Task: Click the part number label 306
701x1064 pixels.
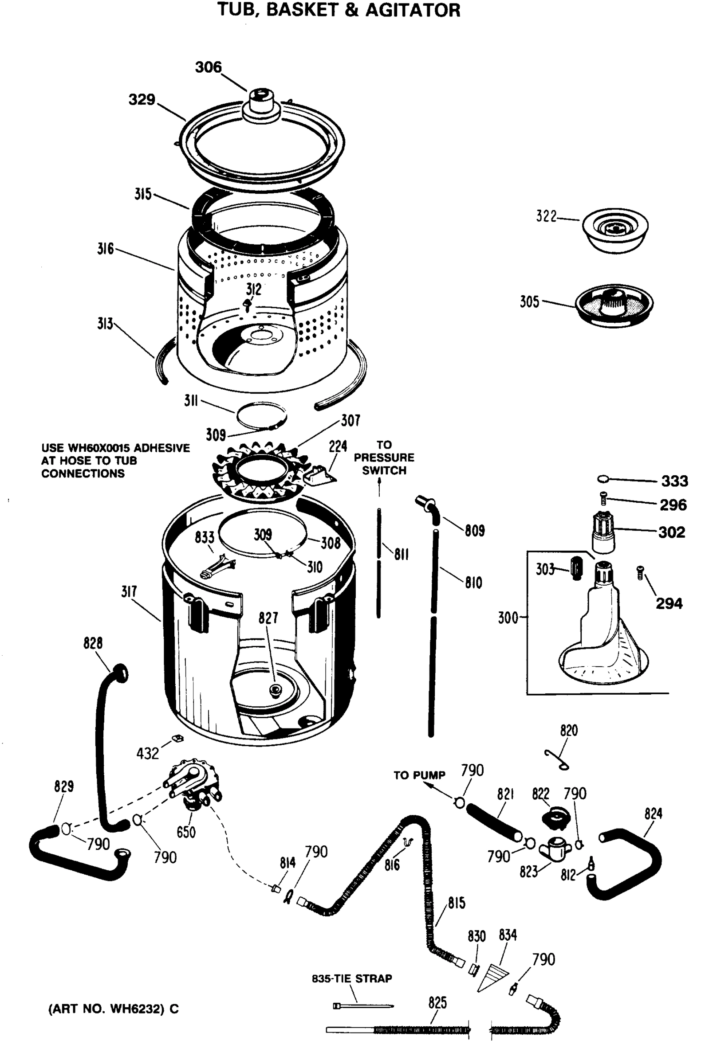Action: (209, 67)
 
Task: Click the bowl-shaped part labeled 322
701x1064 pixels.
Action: (615, 230)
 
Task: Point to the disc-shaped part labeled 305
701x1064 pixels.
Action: (614, 305)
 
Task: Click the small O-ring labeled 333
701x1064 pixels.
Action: (603, 479)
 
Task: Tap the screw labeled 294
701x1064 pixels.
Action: (640, 572)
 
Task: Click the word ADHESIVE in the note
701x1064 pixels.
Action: (161, 448)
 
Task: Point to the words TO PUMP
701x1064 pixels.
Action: (419, 776)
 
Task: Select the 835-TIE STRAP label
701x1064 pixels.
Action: (352, 978)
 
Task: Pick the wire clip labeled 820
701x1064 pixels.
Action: (557, 760)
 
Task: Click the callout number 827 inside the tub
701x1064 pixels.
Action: (268, 618)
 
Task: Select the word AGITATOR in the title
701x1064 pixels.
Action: (413, 10)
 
